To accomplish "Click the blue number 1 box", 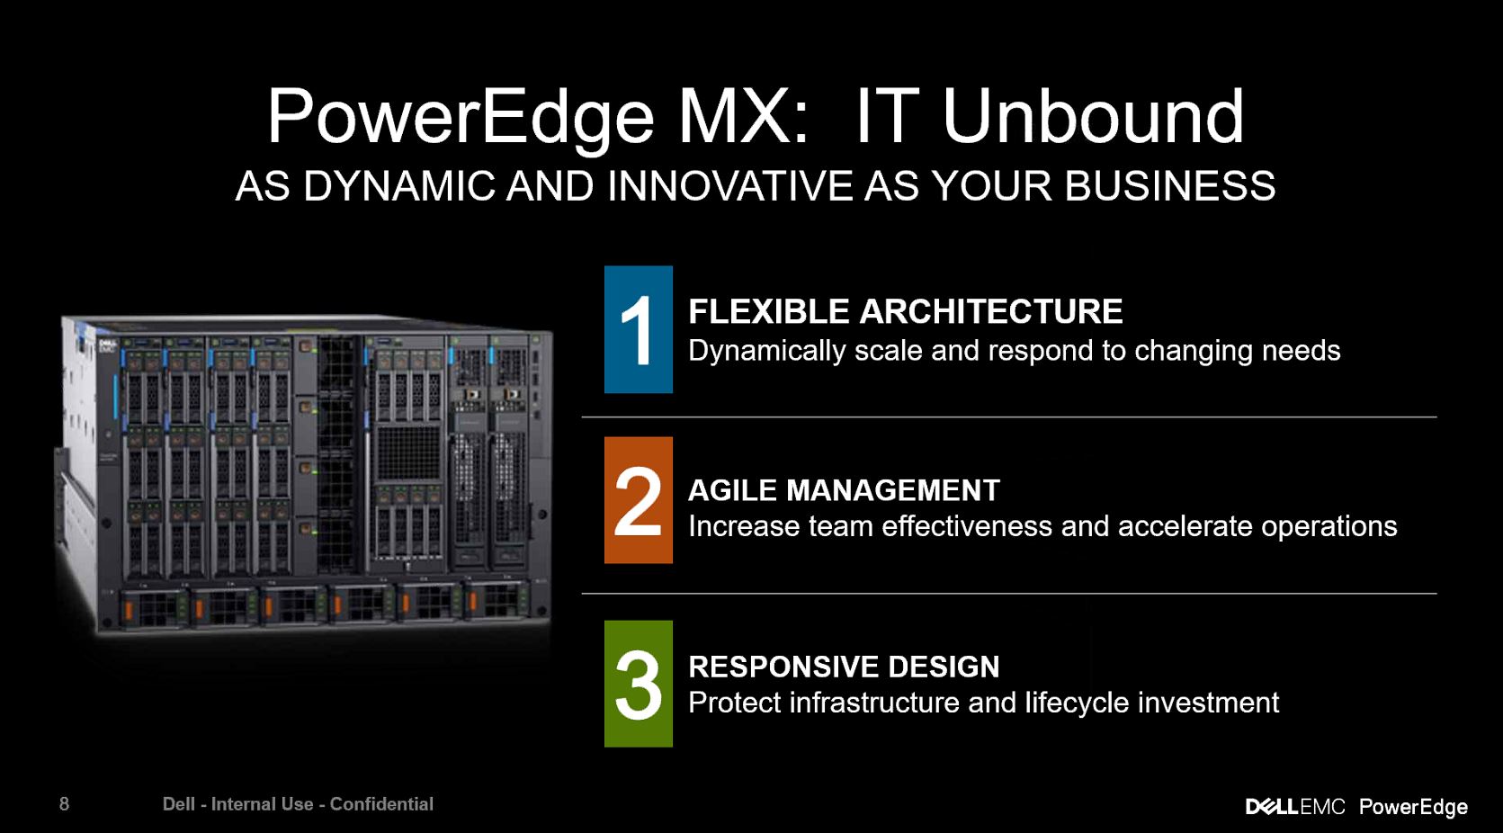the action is coord(638,329).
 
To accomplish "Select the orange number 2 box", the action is coord(638,500).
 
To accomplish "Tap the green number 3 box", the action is coord(638,684).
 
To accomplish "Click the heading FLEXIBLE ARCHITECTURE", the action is coord(905,311).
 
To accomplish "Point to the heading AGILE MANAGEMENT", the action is coord(844,490).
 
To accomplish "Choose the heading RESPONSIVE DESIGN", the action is coord(844,667).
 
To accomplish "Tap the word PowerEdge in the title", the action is coord(461,121).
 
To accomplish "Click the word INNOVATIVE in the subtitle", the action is coord(729,185).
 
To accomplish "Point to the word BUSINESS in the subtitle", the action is coord(1170,185).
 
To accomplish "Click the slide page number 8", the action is coord(65,803).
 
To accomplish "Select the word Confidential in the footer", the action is coord(381,804).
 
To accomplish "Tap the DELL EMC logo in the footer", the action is coord(1295,806).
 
